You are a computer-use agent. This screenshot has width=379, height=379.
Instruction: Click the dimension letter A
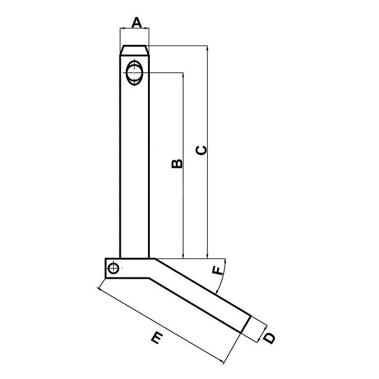[x=136, y=23]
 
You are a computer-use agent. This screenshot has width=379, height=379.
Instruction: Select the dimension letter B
[x=177, y=163]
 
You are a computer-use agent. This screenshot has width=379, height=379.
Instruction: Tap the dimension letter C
[x=201, y=150]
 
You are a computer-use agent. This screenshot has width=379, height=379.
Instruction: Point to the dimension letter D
[x=269, y=338]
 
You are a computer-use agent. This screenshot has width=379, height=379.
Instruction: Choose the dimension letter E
[x=157, y=338]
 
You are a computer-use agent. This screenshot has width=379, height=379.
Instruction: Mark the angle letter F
[x=217, y=271]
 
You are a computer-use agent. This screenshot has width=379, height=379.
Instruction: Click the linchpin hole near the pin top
[x=134, y=72]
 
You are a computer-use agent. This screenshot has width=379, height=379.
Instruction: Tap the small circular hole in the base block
[x=113, y=268]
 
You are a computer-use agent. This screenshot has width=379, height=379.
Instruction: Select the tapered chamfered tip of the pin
[x=135, y=50]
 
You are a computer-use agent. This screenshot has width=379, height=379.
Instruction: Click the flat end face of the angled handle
[x=246, y=324]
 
